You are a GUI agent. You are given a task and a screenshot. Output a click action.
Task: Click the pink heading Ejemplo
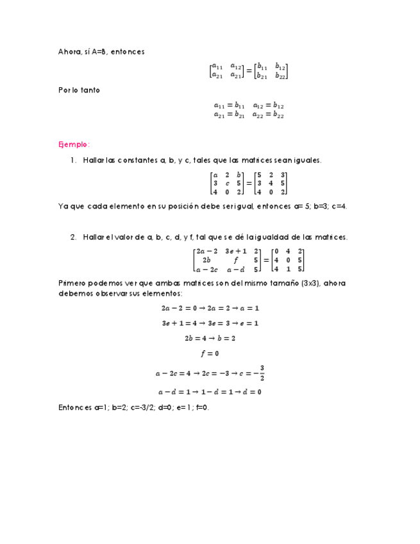(74, 144)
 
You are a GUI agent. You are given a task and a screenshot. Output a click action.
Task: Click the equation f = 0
(210, 353)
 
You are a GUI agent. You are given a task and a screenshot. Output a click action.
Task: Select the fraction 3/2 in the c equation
(262, 372)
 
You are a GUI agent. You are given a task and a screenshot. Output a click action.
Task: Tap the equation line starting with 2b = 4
(210, 338)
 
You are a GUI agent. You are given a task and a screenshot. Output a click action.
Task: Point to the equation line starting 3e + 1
(210, 323)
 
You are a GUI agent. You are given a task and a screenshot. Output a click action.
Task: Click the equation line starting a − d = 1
(210, 392)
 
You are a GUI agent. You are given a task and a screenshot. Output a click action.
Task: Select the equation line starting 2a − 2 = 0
(210, 308)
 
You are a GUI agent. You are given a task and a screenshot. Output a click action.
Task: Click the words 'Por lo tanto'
(79, 90)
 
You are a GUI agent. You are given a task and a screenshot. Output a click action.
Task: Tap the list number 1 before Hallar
(74, 160)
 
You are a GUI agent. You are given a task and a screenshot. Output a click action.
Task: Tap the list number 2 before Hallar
(74, 237)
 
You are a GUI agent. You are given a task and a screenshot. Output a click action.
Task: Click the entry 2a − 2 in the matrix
(207, 251)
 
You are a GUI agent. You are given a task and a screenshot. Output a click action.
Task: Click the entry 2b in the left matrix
(206, 260)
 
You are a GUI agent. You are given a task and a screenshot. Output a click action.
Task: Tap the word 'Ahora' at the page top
(69, 52)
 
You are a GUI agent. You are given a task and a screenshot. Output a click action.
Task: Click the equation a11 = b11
(229, 106)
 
